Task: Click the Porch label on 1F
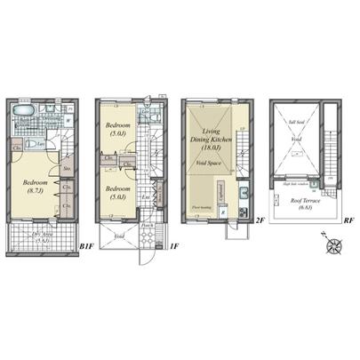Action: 147,226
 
